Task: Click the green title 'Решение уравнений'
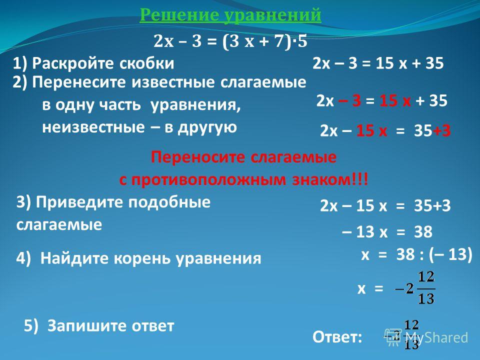[x=230, y=15]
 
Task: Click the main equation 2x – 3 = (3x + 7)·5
[x=230, y=41]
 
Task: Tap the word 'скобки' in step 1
[x=146, y=63]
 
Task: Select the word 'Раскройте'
[x=73, y=64]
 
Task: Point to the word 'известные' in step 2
[x=174, y=82]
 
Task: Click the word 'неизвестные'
[x=93, y=127]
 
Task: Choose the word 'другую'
[x=207, y=127]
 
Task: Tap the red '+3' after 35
[x=441, y=130]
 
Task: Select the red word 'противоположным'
[x=208, y=180]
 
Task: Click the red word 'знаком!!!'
[x=330, y=179]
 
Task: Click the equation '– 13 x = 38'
[x=387, y=231]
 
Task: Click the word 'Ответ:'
[x=337, y=337]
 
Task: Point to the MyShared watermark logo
[x=426, y=337]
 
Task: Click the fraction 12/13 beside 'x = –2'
[x=426, y=288]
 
